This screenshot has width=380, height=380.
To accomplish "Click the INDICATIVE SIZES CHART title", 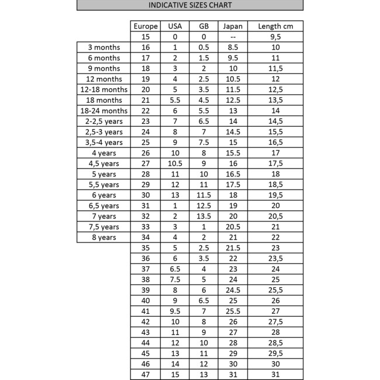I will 190,5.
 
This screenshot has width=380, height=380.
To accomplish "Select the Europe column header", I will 146,26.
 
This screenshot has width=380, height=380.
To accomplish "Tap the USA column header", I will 175,26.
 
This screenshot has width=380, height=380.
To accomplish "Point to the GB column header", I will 203,26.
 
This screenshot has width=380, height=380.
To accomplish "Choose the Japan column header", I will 233,26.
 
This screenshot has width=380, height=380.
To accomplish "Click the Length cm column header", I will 275,26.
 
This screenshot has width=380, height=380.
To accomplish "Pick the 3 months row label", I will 103,47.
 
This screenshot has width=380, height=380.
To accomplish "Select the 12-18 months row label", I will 103,89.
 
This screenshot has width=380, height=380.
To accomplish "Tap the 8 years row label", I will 103,237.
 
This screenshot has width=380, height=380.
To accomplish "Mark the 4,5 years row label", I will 103,163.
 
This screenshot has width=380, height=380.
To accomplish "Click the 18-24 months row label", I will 103,110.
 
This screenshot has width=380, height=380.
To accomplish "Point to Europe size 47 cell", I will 146,374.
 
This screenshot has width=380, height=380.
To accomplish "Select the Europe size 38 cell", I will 146,279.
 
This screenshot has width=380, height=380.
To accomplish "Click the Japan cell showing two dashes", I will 233,37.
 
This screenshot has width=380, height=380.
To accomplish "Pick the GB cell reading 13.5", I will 203,216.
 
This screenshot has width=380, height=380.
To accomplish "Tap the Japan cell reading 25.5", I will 233,311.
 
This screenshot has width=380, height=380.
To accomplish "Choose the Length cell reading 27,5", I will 275,322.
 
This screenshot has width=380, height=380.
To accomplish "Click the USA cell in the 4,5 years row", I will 175,163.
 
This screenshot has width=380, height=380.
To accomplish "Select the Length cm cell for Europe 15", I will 275,37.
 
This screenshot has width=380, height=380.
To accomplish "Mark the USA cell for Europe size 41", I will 175,311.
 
